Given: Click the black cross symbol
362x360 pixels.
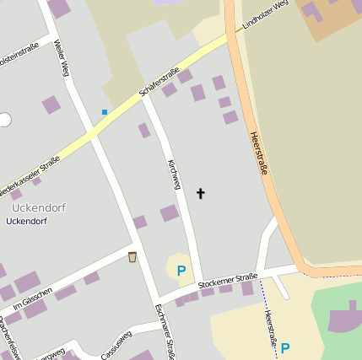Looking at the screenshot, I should pos(201,194).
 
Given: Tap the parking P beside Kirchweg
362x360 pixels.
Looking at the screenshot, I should pos(181,271).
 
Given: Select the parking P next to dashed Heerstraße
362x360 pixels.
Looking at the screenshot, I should pos(285,347).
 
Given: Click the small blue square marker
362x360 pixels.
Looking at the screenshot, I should pos(105,111).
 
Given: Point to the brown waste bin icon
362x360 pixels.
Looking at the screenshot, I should pos(132,256).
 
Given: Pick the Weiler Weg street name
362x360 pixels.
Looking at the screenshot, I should pos(59,58).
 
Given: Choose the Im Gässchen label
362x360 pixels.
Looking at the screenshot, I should pos(33,298).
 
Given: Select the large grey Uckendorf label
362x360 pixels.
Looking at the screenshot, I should pos(39,207).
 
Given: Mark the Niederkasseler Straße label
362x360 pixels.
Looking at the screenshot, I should pos(30,171).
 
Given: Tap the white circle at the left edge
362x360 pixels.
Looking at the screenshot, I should pos(4,120).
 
